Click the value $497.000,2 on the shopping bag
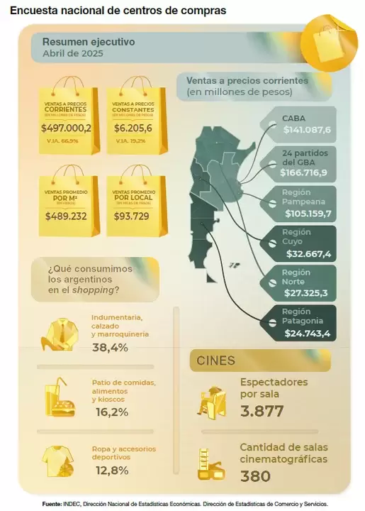click(67, 128)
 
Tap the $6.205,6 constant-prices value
click(133, 128)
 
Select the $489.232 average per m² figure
click(66, 216)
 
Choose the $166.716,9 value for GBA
click(304, 172)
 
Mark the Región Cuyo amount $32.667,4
click(307, 253)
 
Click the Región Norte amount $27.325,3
click(307, 292)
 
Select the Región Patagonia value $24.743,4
click(307, 333)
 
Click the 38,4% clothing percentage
click(110, 347)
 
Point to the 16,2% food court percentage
click(110, 411)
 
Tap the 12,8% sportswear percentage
click(110, 470)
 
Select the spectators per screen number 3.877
click(262, 411)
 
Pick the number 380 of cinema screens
click(255, 476)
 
